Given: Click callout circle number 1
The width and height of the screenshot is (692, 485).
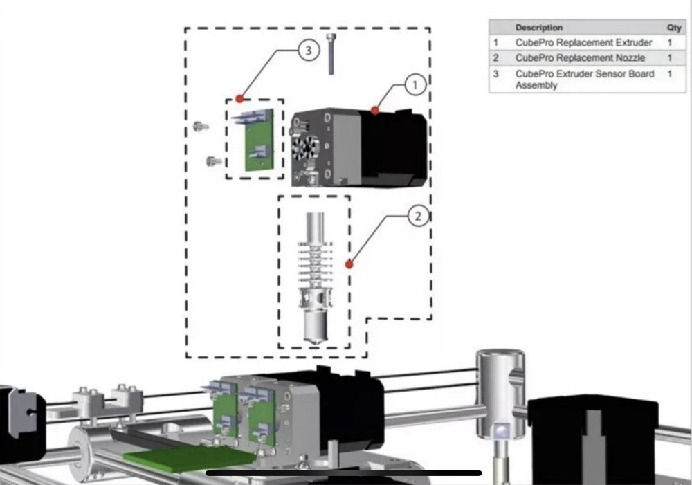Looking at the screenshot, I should pos(414,85).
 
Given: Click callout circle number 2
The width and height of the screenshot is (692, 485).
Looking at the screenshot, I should pos(417,217).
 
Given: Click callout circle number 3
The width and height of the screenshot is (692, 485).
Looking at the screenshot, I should pos(309,50).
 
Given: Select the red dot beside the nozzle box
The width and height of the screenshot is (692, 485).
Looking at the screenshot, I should pos(349,264).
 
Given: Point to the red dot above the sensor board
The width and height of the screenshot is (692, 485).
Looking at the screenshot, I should pos(239,98).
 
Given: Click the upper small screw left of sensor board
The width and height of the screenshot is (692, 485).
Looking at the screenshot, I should pos(201,127).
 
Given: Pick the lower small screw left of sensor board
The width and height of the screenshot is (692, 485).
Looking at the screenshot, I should pos(214,162).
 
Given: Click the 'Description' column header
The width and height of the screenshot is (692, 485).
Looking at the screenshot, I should pos(539,28).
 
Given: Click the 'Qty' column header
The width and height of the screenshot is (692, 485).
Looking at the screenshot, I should pos(673,28).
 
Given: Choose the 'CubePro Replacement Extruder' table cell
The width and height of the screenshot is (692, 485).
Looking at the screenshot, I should pos(583,42).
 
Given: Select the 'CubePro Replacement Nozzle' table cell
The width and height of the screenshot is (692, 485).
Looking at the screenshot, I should pos(580,58).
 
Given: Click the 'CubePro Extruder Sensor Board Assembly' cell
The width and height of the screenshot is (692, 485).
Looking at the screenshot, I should pos(584,79).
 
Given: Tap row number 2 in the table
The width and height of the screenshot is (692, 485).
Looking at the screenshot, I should pos(496,58).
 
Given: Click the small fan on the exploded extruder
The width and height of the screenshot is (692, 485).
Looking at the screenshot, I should pos(305,148).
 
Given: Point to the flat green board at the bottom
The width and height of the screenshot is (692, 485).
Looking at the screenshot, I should pos(187,456).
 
